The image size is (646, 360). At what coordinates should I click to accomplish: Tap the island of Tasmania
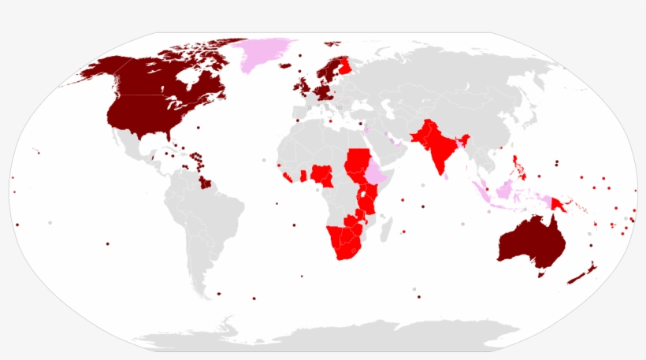(541, 275)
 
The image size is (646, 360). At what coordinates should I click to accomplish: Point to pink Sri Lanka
(447, 177)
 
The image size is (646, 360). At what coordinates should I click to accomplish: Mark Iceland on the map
(285, 66)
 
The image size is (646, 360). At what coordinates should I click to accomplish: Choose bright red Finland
(344, 65)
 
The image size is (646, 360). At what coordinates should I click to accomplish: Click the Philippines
(518, 167)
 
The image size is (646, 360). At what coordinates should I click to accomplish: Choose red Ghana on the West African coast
(303, 175)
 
